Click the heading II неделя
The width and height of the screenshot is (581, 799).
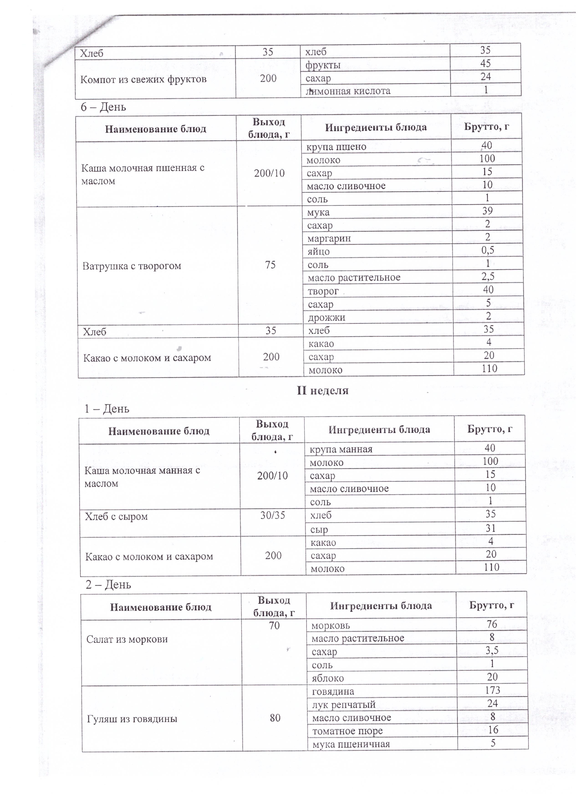[x=322, y=390]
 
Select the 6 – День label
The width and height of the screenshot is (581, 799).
[x=103, y=107]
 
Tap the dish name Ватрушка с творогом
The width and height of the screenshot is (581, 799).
[x=132, y=266]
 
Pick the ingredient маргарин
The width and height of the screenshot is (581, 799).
[x=329, y=239]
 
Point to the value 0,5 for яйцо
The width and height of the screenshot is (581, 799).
[x=488, y=250]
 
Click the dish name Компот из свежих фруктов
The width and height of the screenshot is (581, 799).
[x=143, y=79]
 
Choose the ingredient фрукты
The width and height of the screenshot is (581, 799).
[x=323, y=65]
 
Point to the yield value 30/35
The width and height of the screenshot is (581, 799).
[x=272, y=515]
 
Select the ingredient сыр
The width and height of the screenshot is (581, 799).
[x=319, y=529]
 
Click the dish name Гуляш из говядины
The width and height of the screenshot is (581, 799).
[x=132, y=719]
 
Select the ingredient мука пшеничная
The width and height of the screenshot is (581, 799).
[x=351, y=744]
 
